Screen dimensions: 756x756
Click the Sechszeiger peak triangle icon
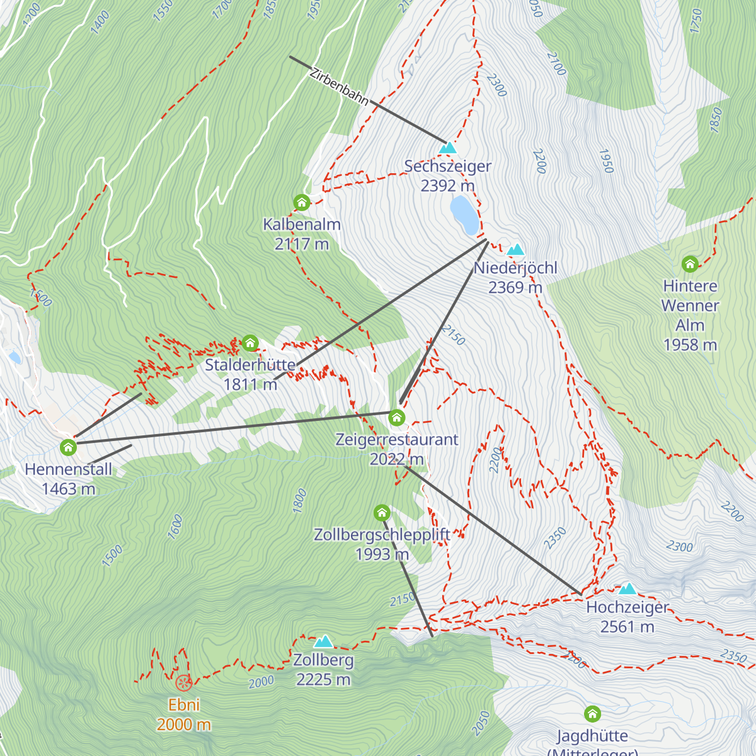coord(448,148)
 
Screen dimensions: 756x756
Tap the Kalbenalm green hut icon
coord(302,202)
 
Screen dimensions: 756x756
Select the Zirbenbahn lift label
coord(339,87)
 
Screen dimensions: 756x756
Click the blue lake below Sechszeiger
coord(464,215)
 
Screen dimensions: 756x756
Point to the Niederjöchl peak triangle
coord(515,250)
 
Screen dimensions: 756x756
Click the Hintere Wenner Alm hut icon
coord(690,263)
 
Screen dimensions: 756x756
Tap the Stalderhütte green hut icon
coord(250,343)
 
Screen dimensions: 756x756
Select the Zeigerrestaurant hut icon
coord(396,417)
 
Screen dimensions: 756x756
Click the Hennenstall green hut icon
coord(68,447)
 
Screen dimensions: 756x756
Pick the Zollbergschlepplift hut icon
coord(382,513)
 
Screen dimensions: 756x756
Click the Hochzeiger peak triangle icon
coord(627,589)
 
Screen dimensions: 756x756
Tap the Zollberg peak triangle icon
coord(323,642)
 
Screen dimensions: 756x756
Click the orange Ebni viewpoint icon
coord(183,682)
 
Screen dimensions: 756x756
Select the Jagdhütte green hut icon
coord(592,714)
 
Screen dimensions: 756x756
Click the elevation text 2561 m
coord(627,627)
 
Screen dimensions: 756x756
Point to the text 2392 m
coord(447,186)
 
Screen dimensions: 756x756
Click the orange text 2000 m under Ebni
coord(183,724)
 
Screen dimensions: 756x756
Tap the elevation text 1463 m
coord(68,489)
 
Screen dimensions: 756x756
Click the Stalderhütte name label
coord(250,365)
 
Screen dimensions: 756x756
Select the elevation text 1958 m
coord(690,345)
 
